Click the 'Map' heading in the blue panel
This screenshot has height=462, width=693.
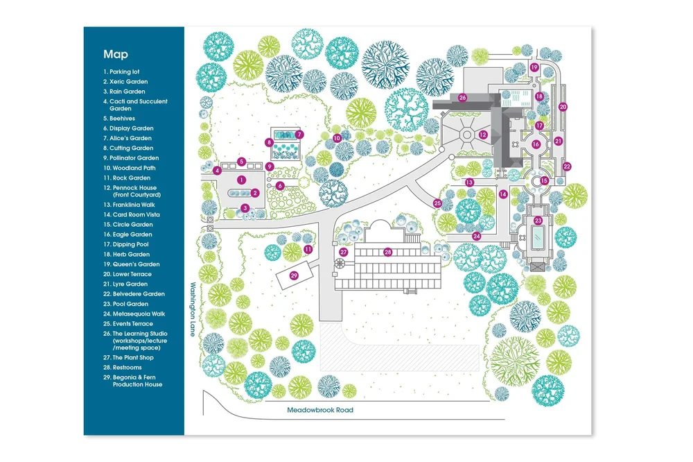pos(116,54)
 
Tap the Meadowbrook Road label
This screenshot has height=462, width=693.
pos(320,410)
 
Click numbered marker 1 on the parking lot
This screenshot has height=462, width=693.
pos(241,180)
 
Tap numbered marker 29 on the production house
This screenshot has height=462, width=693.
pos(294,275)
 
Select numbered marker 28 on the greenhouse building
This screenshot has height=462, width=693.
pos(388,252)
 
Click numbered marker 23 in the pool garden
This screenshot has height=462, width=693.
pos(538,221)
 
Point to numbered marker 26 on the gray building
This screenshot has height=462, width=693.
pos(462,98)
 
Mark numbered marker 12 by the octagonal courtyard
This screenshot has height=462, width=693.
pos(484,135)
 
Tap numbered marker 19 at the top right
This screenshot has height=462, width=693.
pos(534,67)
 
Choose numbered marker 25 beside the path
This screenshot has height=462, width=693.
pos(437,203)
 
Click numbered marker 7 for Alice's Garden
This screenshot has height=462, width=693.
pos(299,134)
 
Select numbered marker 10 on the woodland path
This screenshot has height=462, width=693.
pos(337,138)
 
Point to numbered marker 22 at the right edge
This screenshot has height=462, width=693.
pos(566,166)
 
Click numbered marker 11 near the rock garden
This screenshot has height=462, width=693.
pos(308,248)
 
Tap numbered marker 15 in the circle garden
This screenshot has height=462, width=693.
pos(544,180)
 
